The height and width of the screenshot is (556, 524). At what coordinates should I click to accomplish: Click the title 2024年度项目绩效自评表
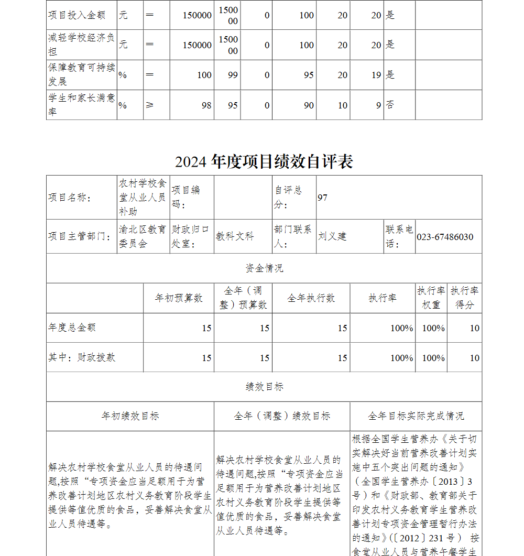coord(264,161)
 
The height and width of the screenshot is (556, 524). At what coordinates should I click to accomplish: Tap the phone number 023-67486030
coord(445,237)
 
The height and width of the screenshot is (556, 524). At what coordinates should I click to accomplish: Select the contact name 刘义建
coord(332,236)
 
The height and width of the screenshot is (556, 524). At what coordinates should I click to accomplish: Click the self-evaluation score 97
coord(323,198)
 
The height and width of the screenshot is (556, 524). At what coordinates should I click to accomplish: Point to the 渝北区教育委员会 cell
coord(143,236)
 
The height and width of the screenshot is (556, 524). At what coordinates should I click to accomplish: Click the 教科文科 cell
coord(235,236)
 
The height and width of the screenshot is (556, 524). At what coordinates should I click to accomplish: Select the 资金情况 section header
coord(264,268)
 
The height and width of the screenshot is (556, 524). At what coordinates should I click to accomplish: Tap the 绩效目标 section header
coord(264,387)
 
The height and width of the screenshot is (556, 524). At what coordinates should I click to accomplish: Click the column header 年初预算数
coord(178,298)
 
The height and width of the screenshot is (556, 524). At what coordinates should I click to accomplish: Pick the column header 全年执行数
coord(311,298)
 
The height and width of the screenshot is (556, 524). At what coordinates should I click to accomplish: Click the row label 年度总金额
coord(72,328)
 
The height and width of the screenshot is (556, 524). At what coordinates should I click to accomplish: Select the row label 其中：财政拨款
coord(82,357)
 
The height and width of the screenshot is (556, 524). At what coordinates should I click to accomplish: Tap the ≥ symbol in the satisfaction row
coord(150,105)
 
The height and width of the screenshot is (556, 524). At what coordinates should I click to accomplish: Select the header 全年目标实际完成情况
coord(416,416)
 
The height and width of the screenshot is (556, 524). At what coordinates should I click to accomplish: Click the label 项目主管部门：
coord(79,236)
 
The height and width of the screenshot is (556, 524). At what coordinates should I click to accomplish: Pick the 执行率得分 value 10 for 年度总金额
coord(474,328)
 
